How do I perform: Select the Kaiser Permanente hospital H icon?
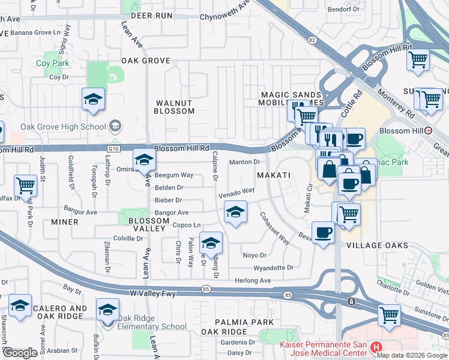click(376, 346)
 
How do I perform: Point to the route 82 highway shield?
click(312, 40)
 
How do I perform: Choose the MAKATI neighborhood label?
click(274, 175)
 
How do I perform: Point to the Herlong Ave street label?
click(253, 280)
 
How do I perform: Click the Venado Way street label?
click(232, 193)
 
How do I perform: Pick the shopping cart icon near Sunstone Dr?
click(389, 314)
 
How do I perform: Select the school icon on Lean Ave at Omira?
click(144, 160)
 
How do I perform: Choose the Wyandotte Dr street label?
click(273, 268)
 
